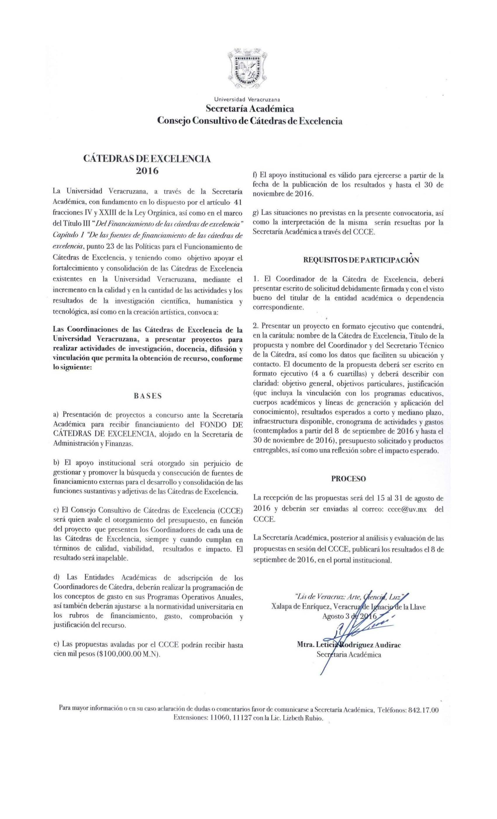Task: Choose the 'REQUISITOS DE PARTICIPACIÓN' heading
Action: [361, 260]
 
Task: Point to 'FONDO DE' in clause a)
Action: [221, 424]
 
